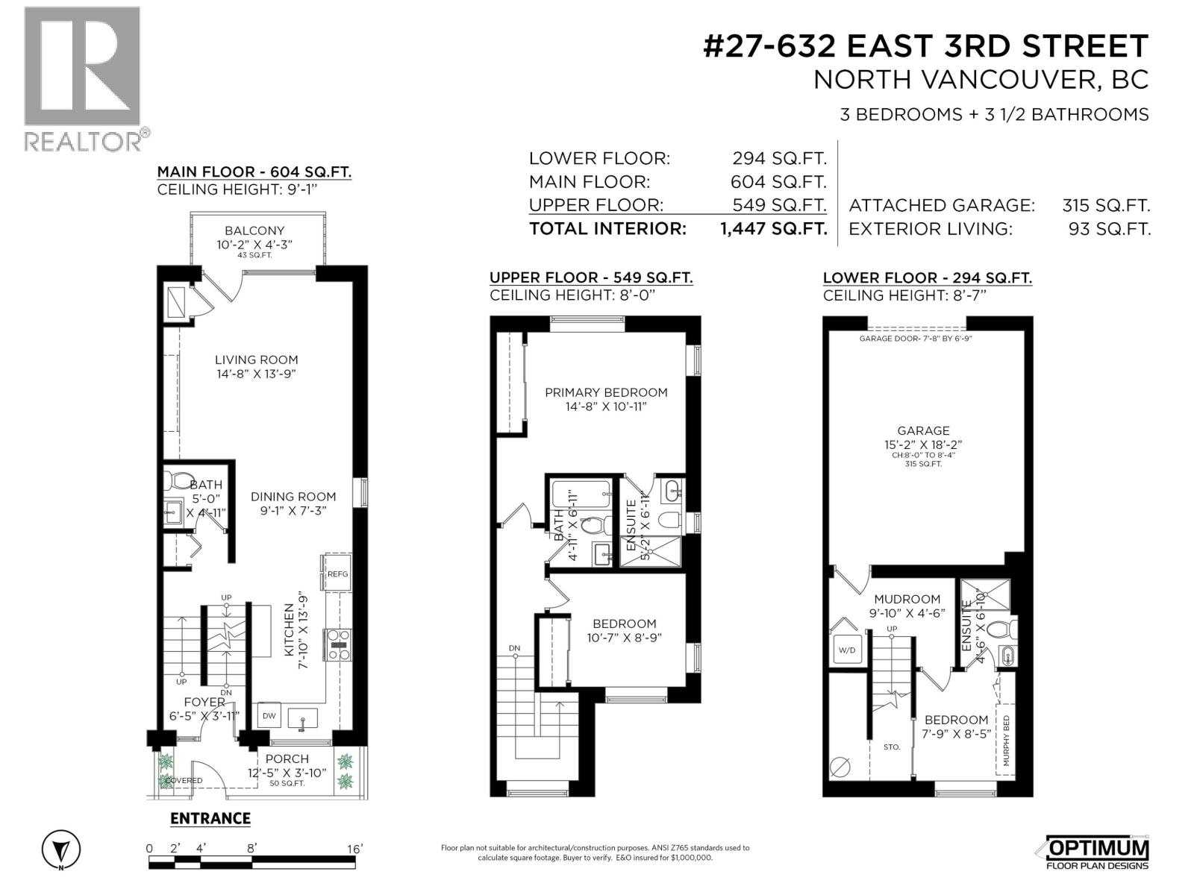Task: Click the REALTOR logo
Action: (x=82, y=78)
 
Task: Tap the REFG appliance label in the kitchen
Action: (x=337, y=574)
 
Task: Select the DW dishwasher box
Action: (x=269, y=716)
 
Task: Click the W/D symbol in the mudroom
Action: (x=847, y=650)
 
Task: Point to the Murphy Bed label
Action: (x=1006, y=741)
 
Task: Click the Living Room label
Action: (x=256, y=359)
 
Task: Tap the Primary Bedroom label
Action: (x=605, y=392)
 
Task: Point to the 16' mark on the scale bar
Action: (x=354, y=849)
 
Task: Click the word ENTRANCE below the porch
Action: (x=210, y=818)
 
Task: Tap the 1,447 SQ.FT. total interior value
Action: (x=773, y=228)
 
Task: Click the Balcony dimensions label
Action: (x=254, y=244)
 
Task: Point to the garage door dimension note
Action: (x=915, y=339)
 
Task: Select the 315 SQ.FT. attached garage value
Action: (x=1105, y=205)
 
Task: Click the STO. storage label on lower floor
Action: (x=891, y=746)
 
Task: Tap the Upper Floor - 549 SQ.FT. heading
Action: (x=590, y=277)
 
